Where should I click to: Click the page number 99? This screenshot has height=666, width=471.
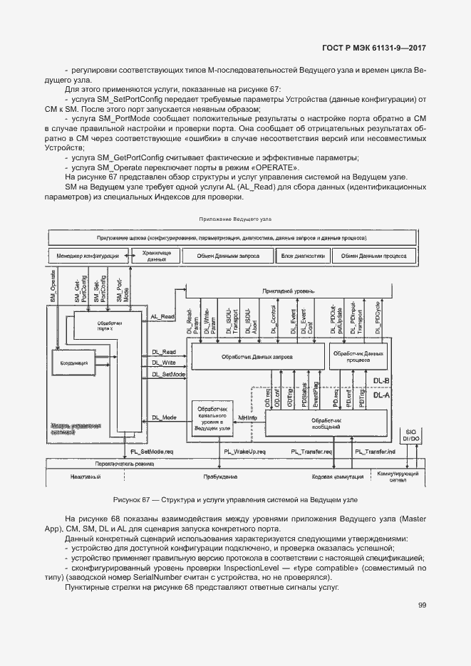tap(421, 605)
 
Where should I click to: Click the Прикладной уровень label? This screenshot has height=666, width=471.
tap(288, 291)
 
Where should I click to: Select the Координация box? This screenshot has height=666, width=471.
tap(75, 364)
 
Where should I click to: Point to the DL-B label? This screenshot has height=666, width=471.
tap(381, 381)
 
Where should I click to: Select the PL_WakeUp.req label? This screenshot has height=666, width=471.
tap(244, 452)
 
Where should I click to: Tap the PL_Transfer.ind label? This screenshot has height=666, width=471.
tap(375, 452)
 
